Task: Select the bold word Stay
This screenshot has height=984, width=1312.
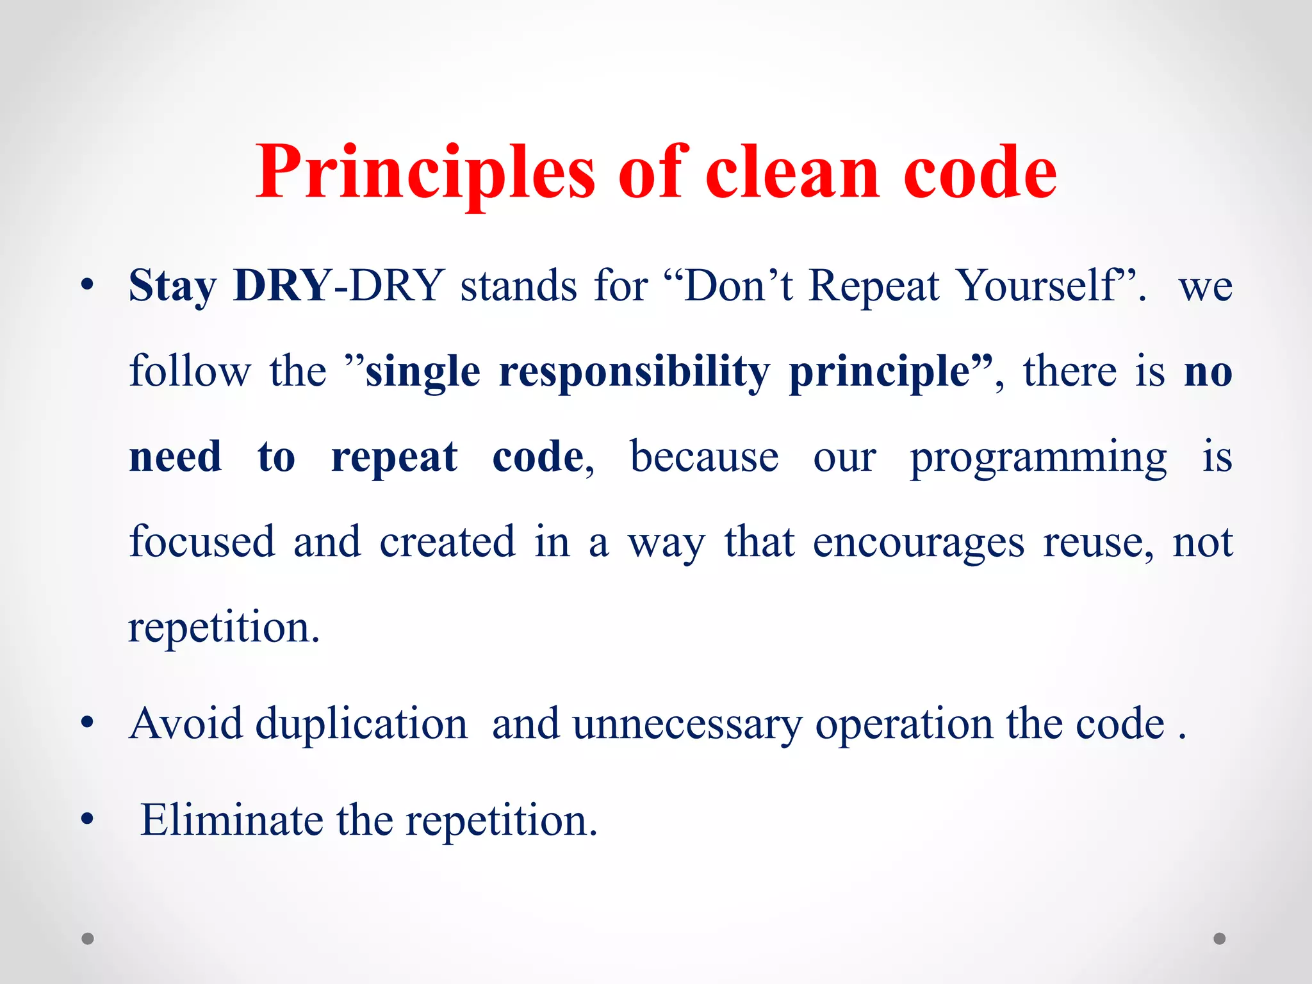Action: click(x=173, y=286)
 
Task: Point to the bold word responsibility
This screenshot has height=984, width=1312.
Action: click(x=634, y=372)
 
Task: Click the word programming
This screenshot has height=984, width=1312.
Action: click(x=1038, y=458)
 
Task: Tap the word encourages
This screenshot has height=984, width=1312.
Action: click(x=918, y=543)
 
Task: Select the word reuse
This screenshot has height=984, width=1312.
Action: click(x=1097, y=543)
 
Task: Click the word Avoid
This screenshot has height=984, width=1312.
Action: click(x=186, y=724)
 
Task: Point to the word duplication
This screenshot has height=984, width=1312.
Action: click(x=362, y=724)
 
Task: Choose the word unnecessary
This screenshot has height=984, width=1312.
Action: click(x=687, y=724)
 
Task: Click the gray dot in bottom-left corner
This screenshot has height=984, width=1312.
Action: click(x=88, y=939)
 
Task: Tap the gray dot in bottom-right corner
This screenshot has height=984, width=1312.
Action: click(x=1220, y=939)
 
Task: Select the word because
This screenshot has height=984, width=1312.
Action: click(x=704, y=457)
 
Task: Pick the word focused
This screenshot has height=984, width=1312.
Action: click(x=202, y=541)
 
